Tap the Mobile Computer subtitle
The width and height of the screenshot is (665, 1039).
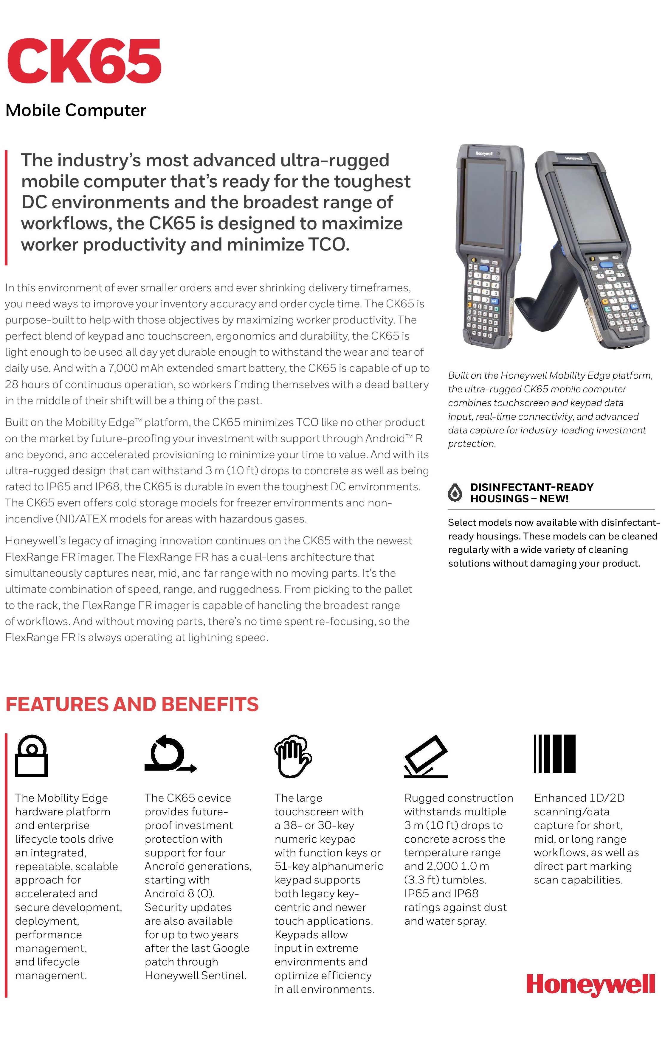pyautogui.click(x=76, y=111)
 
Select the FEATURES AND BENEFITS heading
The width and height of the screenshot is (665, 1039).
pyautogui.click(x=132, y=704)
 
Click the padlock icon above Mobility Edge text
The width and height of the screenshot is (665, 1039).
pyautogui.click(x=31, y=756)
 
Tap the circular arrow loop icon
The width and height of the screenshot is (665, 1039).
pyautogui.click(x=170, y=754)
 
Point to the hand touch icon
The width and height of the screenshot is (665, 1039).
pyautogui.click(x=293, y=755)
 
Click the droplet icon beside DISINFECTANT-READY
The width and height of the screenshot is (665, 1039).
pyautogui.click(x=455, y=493)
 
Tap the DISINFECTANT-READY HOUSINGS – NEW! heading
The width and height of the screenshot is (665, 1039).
pyautogui.click(x=531, y=493)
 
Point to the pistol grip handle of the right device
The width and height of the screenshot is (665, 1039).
pyautogui.click(x=538, y=293)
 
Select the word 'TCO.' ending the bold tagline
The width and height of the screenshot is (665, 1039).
pyautogui.click(x=328, y=245)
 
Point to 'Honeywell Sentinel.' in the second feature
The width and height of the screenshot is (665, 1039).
pyautogui.click(x=196, y=976)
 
